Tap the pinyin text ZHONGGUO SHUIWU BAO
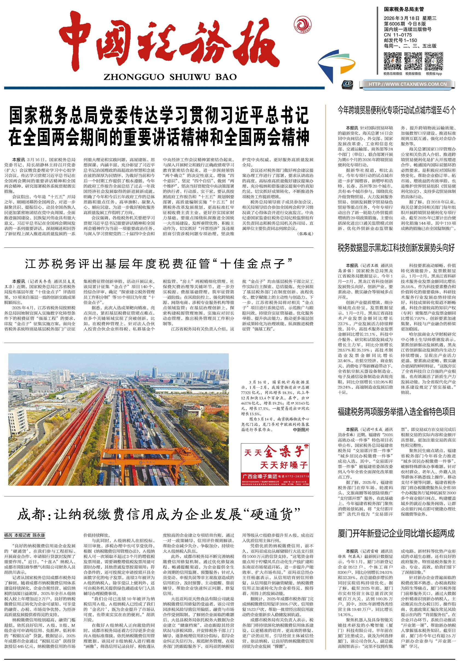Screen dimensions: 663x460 pos(170,77)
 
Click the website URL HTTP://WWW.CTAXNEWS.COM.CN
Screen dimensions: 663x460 pos(407,84)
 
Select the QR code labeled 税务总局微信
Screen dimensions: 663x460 pos(392,61)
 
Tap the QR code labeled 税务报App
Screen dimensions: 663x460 pos(434,61)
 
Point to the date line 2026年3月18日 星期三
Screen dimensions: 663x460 pos(410,18)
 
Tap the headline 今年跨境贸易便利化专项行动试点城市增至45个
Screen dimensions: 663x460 pos(397,110)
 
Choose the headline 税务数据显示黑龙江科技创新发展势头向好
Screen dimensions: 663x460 pos(396,248)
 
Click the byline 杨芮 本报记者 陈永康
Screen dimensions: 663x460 pos(25,535)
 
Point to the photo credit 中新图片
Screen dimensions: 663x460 pos(301,430)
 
